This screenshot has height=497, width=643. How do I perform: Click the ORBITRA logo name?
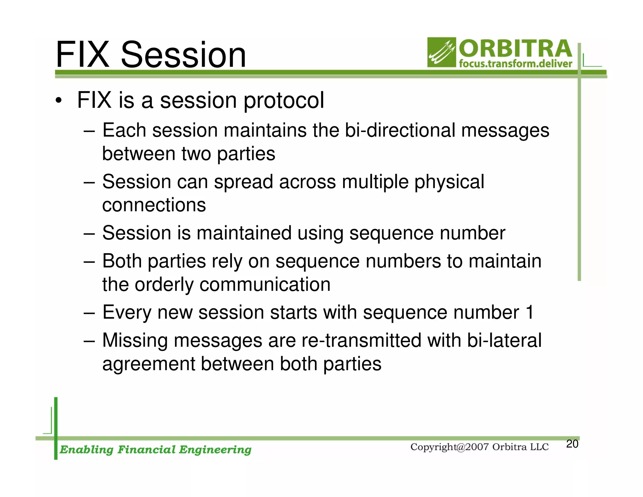coord(515,49)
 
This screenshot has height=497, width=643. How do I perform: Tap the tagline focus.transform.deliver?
coord(515,64)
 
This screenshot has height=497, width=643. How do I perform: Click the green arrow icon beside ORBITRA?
coord(441,52)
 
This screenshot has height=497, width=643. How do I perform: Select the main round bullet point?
coord(58,101)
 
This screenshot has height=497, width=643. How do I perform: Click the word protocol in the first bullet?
coord(284,101)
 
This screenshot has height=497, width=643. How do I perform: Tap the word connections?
coord(154,205)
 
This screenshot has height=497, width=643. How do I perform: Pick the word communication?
coord(265,285)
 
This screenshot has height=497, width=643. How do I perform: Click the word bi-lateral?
coord(504,341)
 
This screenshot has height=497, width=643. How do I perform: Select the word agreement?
coord(149,364)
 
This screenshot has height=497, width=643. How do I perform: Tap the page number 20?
coord(572,444)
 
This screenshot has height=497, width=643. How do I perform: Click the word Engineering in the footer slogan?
coord(215,450)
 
